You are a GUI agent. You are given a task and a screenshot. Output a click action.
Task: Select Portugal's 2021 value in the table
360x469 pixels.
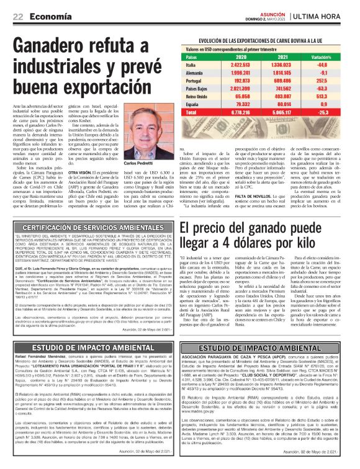coord(277,81)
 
